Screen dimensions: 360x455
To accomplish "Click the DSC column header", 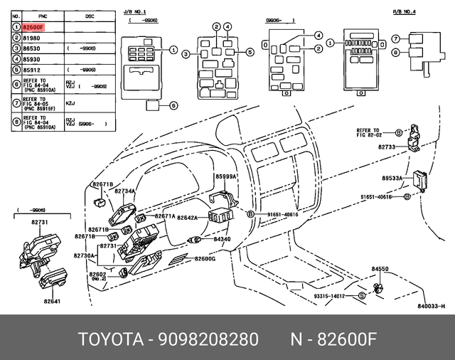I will tap(89, 15).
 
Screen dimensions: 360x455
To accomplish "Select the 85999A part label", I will tap(226, 176).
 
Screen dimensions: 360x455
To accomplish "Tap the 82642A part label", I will tap(188, 218).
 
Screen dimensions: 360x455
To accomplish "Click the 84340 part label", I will tap(222, 239).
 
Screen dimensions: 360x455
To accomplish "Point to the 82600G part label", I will tap(205, 259).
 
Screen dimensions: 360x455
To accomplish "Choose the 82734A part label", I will tap(124, 191).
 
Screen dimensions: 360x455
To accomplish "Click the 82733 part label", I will tap(387, 147).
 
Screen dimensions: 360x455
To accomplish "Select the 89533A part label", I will tap(391, 179).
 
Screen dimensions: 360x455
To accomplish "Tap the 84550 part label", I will tap(380, 270).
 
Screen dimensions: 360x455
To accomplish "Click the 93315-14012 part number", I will tap(329, 296).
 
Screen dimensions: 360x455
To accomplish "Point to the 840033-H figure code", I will tap(430, 306).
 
